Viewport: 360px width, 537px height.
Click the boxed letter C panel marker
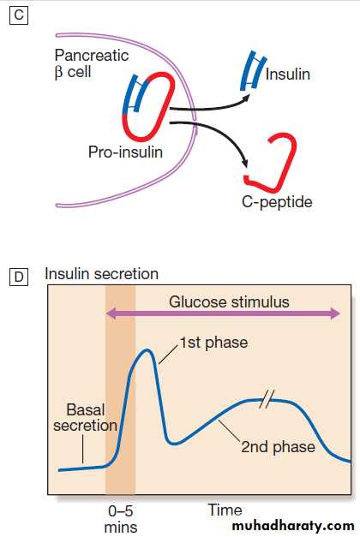19,15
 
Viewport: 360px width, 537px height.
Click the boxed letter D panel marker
19,277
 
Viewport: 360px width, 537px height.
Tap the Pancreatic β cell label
92,63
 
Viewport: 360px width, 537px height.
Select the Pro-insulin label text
125,152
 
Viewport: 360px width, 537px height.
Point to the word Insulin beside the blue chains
288,75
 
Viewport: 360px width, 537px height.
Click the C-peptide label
277,202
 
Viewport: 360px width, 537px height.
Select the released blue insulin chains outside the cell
254,71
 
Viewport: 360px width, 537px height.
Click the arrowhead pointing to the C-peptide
243,163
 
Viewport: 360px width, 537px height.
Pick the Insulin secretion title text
101,274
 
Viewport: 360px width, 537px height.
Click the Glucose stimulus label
229,302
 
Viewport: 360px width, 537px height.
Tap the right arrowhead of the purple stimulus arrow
334,313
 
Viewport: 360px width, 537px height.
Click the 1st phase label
214,343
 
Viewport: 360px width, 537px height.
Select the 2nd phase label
278,446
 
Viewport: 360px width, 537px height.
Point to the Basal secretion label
86,417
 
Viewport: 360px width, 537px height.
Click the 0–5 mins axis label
121,519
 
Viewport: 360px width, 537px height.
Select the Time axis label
225,510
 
